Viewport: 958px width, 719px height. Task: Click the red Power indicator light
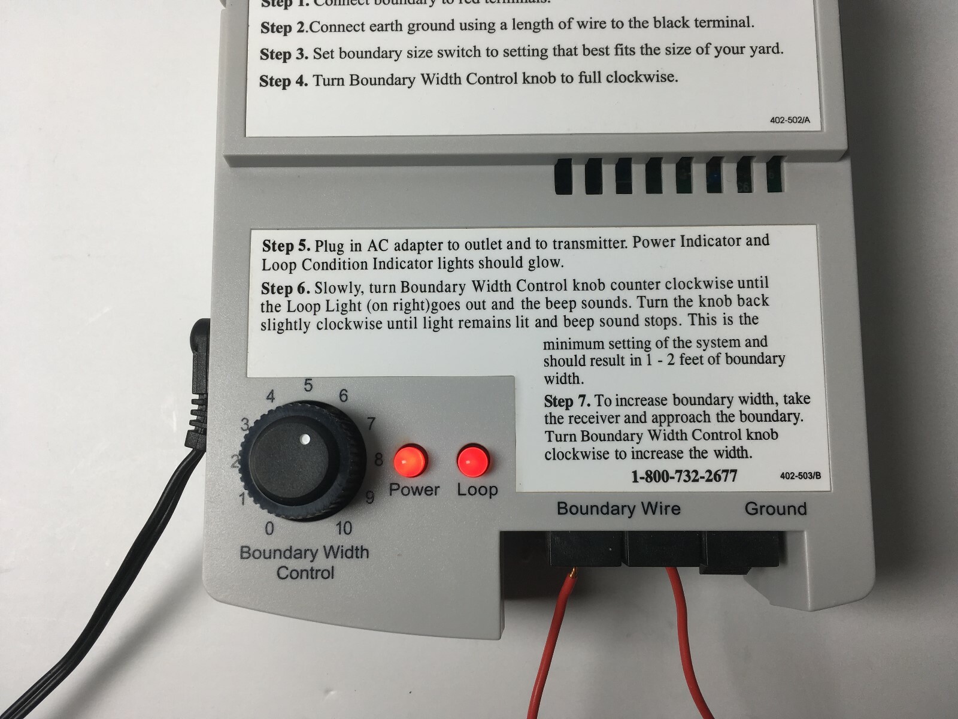(410, 460)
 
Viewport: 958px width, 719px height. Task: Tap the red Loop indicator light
(473, 460)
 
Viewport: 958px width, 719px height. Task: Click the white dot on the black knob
(305, 439)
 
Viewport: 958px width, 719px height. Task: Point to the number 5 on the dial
(308, 385)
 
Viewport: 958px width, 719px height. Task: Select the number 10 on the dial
(344, 528)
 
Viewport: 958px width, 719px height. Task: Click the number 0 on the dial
(269, 528)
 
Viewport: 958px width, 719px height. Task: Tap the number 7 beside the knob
(371, 424)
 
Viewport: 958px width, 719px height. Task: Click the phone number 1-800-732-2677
(684, 476)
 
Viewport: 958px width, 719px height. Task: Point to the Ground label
(775, 509)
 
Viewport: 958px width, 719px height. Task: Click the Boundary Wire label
(619, 509)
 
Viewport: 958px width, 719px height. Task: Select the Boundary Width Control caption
(304, 562)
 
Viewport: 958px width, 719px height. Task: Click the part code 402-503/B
(800, 476)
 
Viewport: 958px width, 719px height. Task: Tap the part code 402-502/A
(790, 120)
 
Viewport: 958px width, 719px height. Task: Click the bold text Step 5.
(286, 246)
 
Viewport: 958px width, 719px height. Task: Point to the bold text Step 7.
(567, 400)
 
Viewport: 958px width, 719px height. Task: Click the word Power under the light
(414, 490)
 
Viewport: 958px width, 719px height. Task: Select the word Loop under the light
(477, 490)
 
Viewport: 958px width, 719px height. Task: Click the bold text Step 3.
(284, 54)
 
